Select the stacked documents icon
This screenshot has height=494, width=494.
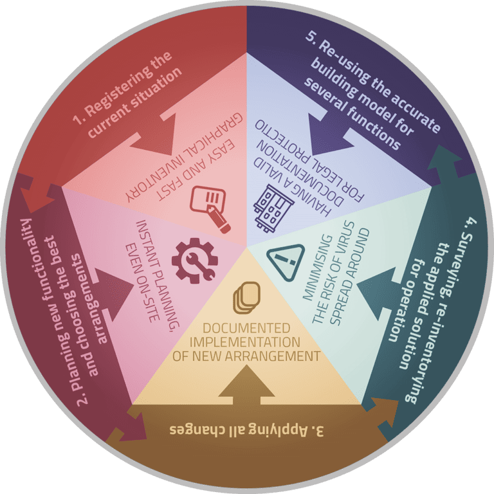pyautogui.click(x=247, y=298)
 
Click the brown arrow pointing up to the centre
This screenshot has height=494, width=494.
pyautogui.click(x=246, y=386)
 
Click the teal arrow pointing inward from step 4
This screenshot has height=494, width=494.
pyautogui.click(x=378, y=293)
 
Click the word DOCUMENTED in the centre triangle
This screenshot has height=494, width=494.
pyautogui.click(x=246, y=328)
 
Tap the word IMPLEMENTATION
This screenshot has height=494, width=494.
pyautogui.click(x=245, y=342)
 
